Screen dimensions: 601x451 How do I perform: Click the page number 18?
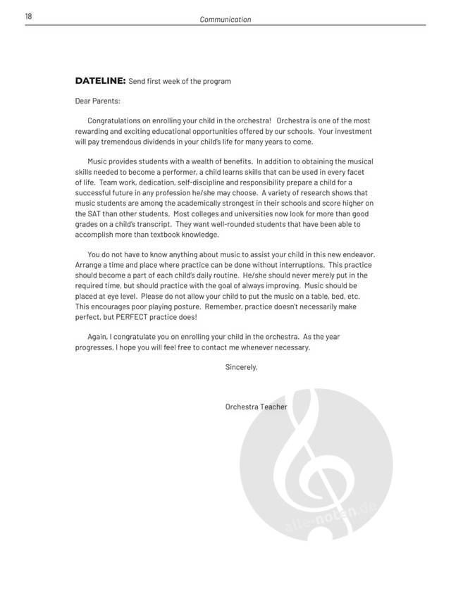pos(29,16)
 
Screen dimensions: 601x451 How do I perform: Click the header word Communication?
pos(225,20)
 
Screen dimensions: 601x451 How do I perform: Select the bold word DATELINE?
pos(100,81)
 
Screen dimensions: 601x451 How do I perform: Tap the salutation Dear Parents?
pos(97,101)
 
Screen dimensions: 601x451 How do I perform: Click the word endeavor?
pos(357,254)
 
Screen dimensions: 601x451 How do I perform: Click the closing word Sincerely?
pos(241,367)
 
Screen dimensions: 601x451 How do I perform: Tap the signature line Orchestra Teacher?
pos(256,407)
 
